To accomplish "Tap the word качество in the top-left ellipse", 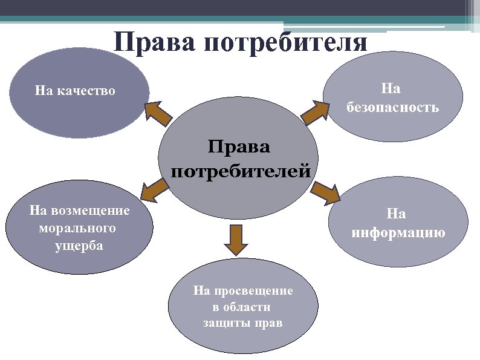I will [x=86, y=91].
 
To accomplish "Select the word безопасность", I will [x=392, y=108].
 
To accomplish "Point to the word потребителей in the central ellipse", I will [x=241, y=171].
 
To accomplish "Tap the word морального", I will [x=77, y=228].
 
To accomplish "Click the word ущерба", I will [x=78, y=246].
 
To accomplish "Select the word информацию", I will [x=398, y=232].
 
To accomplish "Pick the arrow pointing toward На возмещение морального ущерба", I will [x=155, y=190].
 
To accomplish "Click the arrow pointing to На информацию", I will [x=325, y=192].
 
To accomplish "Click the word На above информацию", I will [x=397, y=214].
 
